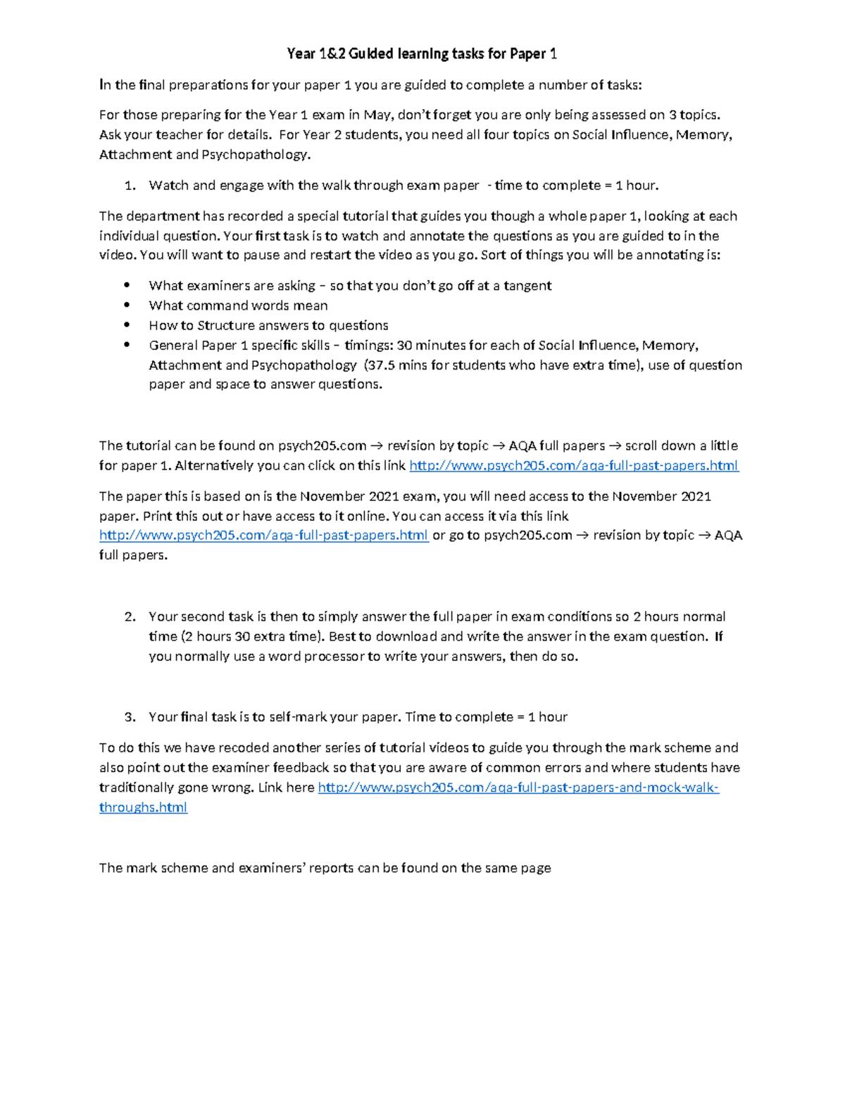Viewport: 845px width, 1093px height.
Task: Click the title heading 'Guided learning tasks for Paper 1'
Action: click(422, 53)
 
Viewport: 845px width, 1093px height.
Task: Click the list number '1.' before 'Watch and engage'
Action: click(130, 186)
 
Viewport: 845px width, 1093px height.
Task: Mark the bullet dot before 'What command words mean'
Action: click(127, 305)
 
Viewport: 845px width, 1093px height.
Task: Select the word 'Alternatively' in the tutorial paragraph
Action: click(215, 465)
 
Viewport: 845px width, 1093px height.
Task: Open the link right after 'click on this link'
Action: click(573, 465)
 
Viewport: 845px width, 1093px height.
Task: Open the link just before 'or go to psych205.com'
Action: click(263, 536)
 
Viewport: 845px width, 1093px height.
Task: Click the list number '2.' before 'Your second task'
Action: click(130, 617)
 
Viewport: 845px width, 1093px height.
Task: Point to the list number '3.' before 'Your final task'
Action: click(130, 717)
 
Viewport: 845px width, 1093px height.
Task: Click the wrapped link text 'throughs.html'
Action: click(143, 807)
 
